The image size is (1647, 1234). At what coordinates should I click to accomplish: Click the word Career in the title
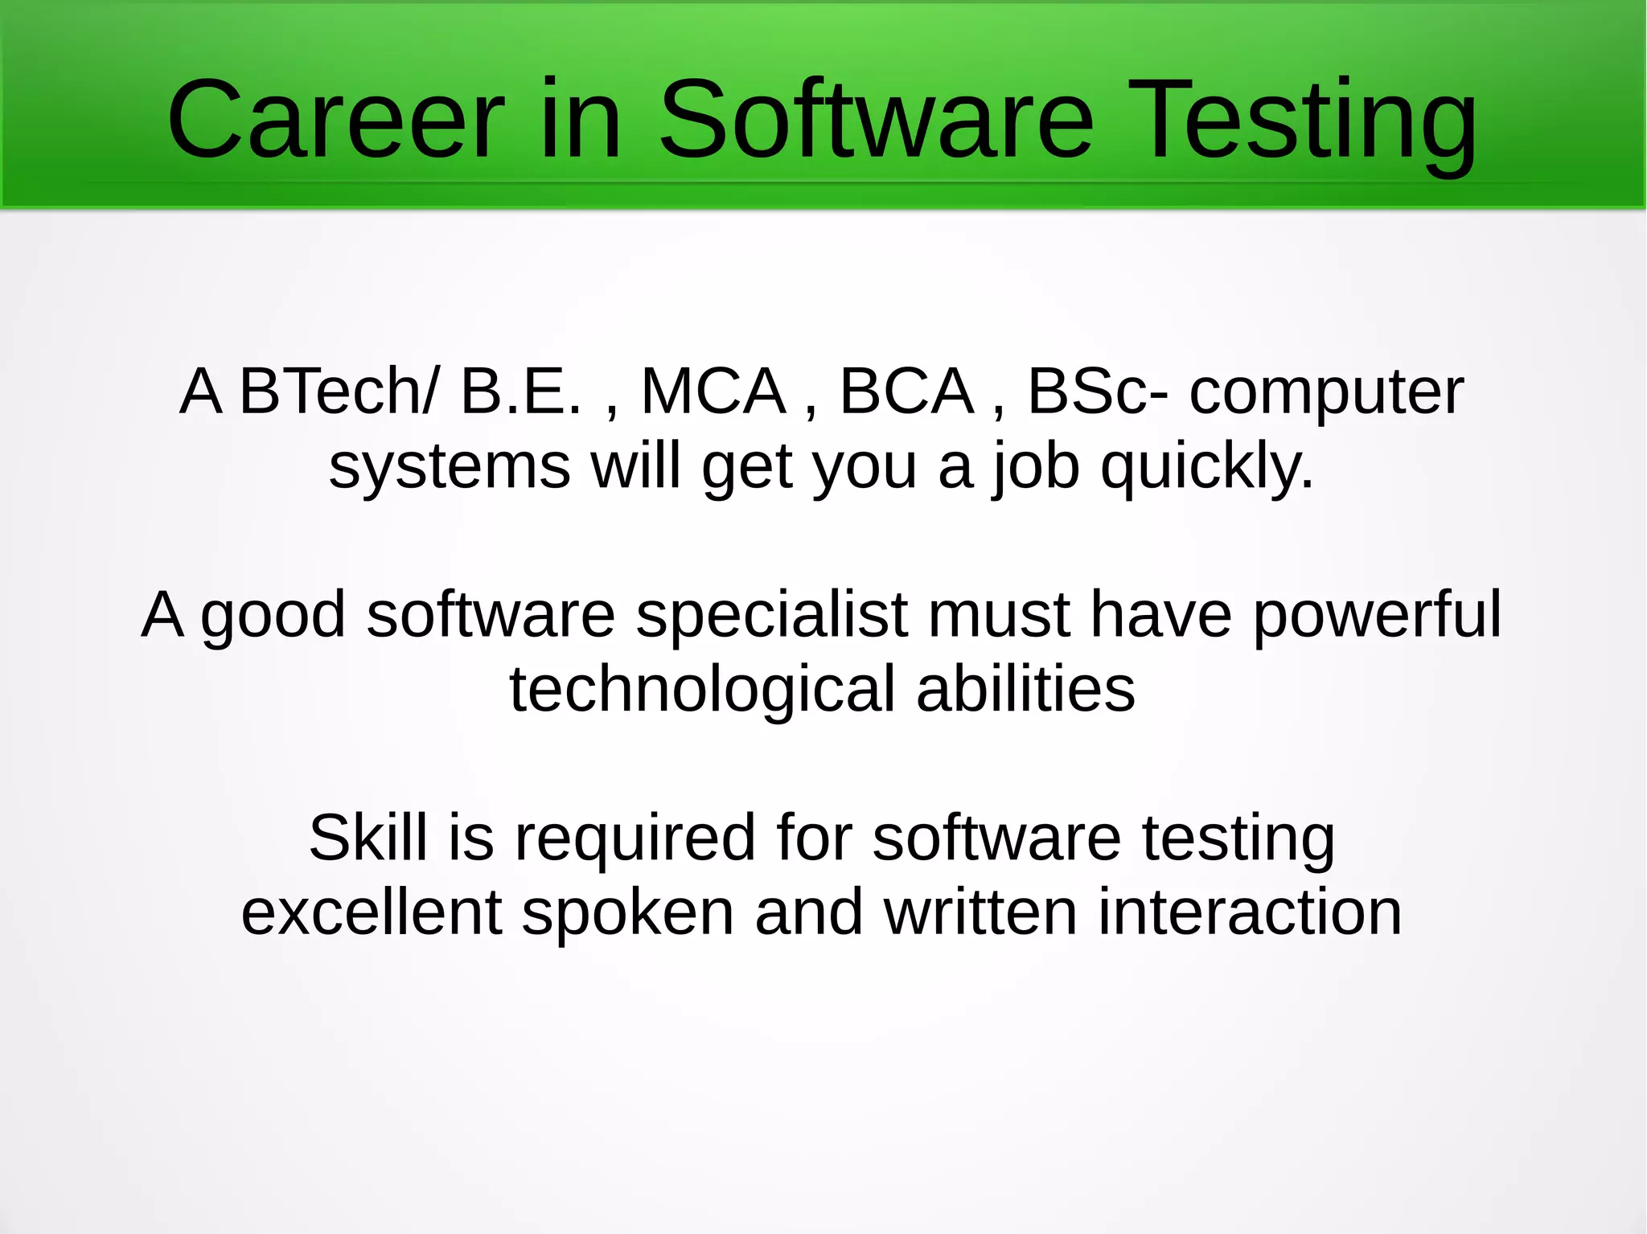pyautogui.click(x=335, y=121)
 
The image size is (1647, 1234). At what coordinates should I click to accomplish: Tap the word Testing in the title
pyautogui.click(x=1306, y=121)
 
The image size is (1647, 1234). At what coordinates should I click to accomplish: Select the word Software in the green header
pyautogui.click(x=877, y=121)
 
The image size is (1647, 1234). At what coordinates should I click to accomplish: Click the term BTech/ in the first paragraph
pyautogui.click(x=339, y=392)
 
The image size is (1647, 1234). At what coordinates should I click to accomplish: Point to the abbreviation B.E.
pyautogui.click(x=520, y=392)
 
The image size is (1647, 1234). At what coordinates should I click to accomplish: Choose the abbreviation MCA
pyautogui.click(x=713, y=392)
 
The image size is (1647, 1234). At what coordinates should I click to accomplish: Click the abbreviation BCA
pyautogui.click(x=906, y=392)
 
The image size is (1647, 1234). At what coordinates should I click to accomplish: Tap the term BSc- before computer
pyautogui.click(x=1098, y=392)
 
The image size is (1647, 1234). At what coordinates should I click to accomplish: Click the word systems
pyautogui.click(x=450, y=466)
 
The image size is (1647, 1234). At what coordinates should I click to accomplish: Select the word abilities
pyautogui.click(x=1025, y=689)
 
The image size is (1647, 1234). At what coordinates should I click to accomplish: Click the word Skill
pyautogui.click(x=368, y=838)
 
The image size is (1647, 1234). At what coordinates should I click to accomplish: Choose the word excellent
pyautogui.click(x=372, y=912)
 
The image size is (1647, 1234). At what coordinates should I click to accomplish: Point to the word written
pyautogui.click(x=980, y=912)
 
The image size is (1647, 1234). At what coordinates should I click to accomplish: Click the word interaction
pyautogui.click(x=1250, y=912)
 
